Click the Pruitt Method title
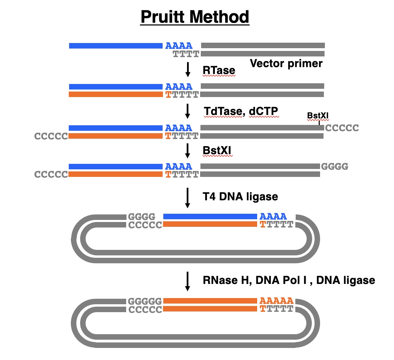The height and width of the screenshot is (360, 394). [195, 17]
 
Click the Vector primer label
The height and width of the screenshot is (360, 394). [286, 63]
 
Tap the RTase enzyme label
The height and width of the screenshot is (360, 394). [219, 70]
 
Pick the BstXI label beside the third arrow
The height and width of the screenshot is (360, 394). [218, 150]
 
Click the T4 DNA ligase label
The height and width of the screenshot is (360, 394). [240, 196]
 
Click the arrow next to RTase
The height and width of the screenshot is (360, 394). [188, 69]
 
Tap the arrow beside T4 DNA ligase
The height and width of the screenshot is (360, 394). [188, 198]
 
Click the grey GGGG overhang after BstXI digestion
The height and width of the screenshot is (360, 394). [335, 167]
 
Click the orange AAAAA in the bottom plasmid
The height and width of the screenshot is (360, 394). [276, 300]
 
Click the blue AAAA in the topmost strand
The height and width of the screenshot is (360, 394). [179, 45]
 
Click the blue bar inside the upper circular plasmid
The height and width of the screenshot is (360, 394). [210, 216]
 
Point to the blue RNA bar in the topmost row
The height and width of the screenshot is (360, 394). [116, 45]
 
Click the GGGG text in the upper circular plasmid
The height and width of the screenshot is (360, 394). [142, 217]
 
